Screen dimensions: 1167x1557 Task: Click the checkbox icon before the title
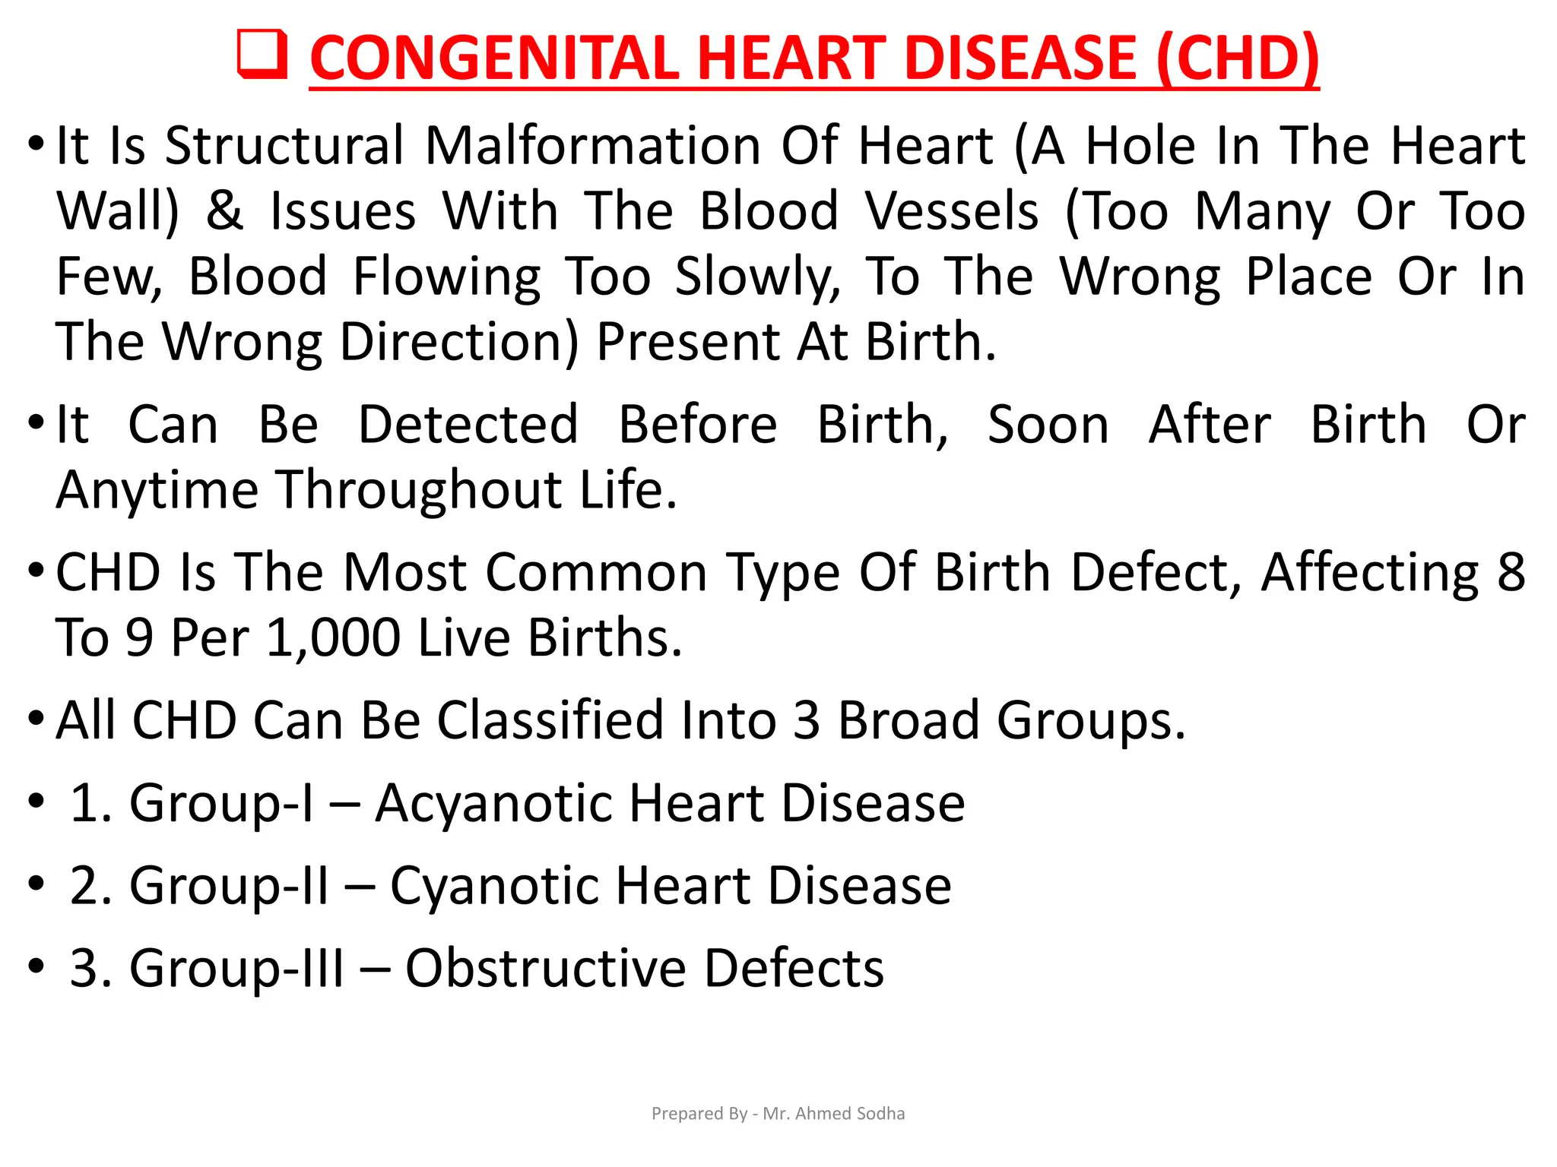262,55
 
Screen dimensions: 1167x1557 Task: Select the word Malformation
592,145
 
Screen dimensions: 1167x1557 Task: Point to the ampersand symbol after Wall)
224,210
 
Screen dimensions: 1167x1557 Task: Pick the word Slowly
758,277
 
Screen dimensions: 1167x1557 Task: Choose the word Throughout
418,490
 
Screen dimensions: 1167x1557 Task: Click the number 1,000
333,637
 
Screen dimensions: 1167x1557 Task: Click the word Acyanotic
495,803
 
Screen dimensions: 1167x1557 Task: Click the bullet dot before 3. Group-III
36,966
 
